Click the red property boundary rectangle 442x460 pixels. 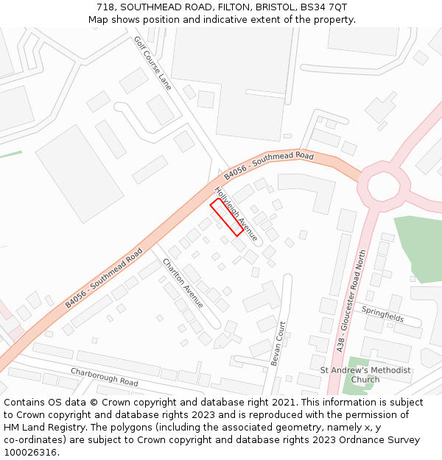pos(227,217)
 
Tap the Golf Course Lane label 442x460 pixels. pos(152,63)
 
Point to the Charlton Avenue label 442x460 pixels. pos(183,283)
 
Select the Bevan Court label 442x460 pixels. pos(278,343)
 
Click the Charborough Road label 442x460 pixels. pos(104,377)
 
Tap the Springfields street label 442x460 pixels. pos(382,315)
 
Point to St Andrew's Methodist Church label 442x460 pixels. pos(365,375)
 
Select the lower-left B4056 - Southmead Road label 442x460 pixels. pos(104,277)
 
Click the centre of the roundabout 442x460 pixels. pos(384,185)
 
